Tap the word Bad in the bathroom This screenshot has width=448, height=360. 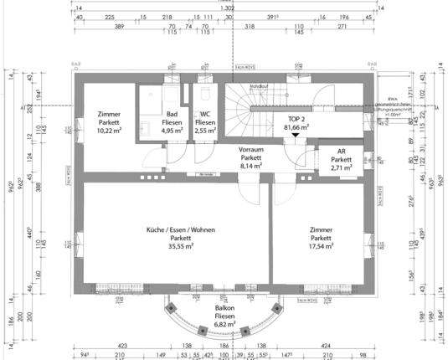tap(173, 115)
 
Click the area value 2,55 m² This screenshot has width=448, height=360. tap(205, 131)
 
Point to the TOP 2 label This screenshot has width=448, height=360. tap(296, 119)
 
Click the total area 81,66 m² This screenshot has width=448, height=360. tap(296, 127)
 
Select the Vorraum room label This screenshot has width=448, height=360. tap(250, 149)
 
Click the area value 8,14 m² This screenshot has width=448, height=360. tap(250, 166)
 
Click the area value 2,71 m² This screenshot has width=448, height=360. tap(341, 167)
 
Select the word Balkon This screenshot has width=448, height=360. tap(224, 307)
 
